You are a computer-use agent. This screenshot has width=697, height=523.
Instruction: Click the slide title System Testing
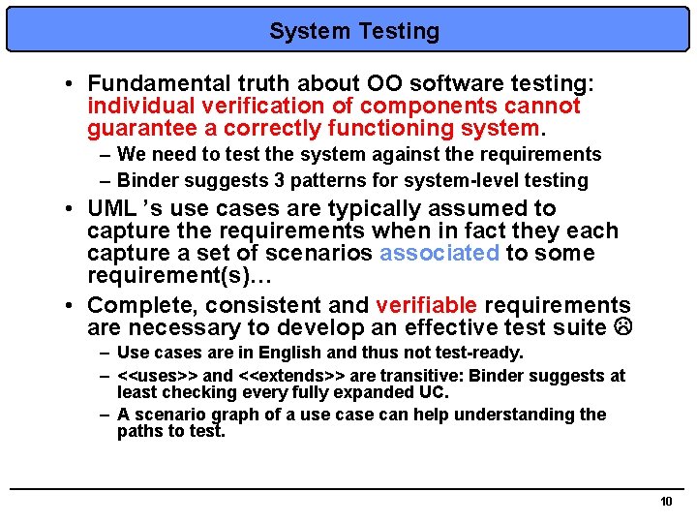(353, 32)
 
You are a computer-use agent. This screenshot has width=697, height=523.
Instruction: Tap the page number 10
(665, 502)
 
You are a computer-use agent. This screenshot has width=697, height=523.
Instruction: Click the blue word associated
(439, 254)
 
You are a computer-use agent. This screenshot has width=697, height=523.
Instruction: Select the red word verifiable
(426, 306)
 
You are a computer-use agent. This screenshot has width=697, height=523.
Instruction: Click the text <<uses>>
(157, 375)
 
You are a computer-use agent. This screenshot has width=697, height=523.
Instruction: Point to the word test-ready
(474, 353)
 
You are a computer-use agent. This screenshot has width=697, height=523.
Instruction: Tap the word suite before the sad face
(578, 328)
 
